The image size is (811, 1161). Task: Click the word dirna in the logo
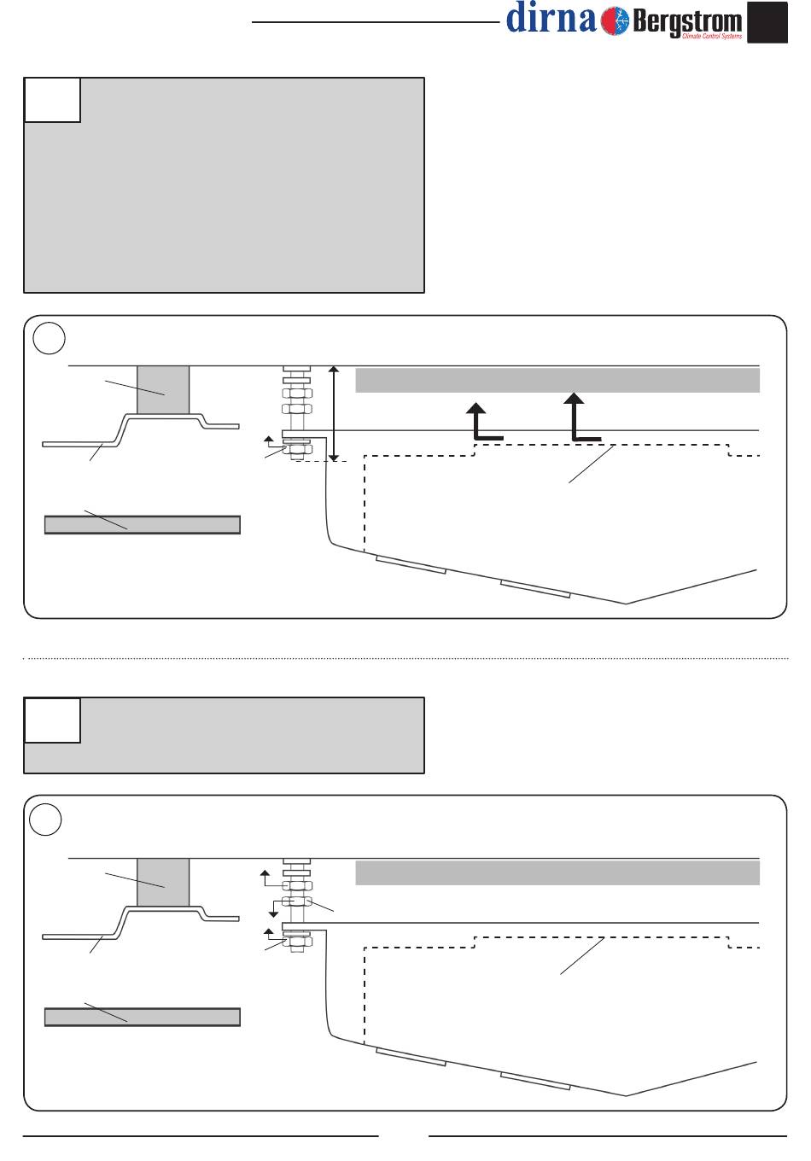pos(551,18)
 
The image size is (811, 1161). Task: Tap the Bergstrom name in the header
pos(687,20)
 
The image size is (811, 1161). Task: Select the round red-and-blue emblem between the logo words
pos(614,20)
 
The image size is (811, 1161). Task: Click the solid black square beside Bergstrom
pos(767,22)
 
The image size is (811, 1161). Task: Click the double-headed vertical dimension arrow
pos(335,414)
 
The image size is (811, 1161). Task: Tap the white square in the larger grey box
pos(53,100)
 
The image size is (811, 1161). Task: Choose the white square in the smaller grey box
pos(53,720)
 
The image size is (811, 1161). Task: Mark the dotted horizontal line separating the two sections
pos(405,658)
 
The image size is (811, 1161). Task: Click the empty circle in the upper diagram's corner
pos(50,338)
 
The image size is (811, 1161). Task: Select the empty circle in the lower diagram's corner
pos(45,820)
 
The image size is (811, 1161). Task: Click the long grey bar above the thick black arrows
pos(557,381)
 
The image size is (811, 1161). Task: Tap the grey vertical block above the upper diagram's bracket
pos(163,390)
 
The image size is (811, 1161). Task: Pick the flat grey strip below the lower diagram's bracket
pos(142,1017)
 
